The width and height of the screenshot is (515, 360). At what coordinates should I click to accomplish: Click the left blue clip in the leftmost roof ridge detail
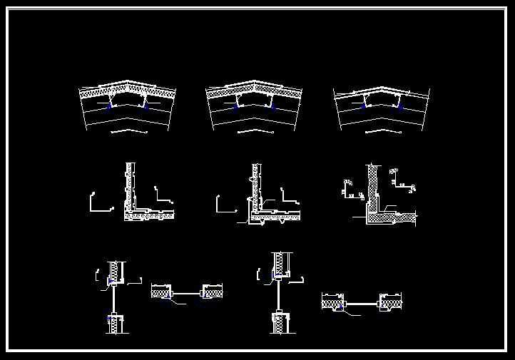point(109,106)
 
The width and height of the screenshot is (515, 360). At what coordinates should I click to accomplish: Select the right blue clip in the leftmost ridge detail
point(145,106)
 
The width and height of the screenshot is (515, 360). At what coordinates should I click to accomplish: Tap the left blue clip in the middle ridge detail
point(236,106)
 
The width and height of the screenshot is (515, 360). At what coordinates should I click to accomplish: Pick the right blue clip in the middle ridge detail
point(272,106)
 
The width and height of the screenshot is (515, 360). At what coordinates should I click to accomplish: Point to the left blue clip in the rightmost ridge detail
point(364,106)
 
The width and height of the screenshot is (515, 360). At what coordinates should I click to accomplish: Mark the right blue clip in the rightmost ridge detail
point(399,106)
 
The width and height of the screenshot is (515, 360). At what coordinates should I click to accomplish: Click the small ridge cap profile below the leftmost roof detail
point(129,132)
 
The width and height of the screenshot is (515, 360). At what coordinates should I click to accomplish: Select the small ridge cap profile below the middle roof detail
point(255,131)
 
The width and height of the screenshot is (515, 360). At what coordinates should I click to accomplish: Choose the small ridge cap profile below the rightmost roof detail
point(383,131)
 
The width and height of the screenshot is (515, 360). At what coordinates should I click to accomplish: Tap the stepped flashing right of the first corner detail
point(165,196)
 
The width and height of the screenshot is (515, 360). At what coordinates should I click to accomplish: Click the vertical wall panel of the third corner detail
point(372,185)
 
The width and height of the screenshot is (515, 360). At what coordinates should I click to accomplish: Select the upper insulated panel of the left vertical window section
point(113,272)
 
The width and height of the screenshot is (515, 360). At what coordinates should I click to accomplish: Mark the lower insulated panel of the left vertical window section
point(113,324)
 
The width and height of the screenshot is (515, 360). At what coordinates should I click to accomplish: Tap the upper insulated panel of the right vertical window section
point(282,263)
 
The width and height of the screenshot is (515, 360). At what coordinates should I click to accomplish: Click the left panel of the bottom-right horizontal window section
point(332,304)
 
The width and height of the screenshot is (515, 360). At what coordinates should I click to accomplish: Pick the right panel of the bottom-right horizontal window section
point(392,304)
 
